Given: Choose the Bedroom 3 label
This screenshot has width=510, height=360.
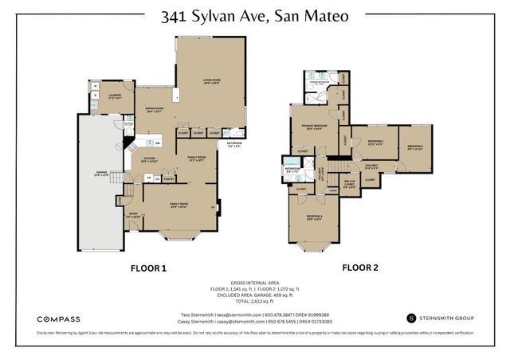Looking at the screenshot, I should click(x=415, y=147).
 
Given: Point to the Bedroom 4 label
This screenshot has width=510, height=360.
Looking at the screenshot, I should click(x=315, y=217).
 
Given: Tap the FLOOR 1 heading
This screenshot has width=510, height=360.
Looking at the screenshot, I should click(x=148, y=268).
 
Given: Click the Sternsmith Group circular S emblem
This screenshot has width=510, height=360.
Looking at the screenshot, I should click(x=411, y=317).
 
